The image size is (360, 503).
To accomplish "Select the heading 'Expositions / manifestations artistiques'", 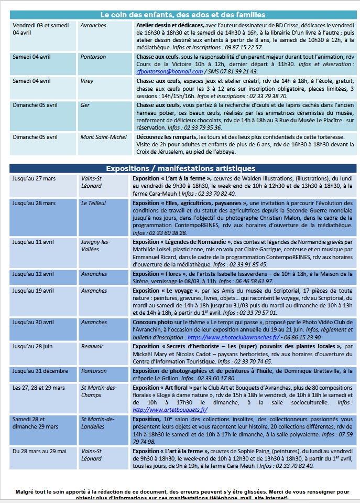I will click(x=180, y=168).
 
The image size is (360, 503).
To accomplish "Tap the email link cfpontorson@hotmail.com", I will click(x=162, y=71).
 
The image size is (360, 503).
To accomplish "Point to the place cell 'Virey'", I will click(x=87, y=81).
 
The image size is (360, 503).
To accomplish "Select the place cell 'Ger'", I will click(x=85, y=105).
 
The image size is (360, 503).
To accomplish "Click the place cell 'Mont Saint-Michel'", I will click(x=103, y=137).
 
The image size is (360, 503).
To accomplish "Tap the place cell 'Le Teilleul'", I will click(x=93, y=203).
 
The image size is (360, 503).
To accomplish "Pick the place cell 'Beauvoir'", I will click(x=92, y=347).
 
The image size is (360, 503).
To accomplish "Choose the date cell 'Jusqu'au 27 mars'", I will click(x=34, y=178).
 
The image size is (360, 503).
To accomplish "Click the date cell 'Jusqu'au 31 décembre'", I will click(x=40, y=371).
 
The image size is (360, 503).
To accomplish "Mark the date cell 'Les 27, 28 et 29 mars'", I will click(x=38, y=388).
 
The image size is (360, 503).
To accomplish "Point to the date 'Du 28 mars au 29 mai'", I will click(x=39, y=451).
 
